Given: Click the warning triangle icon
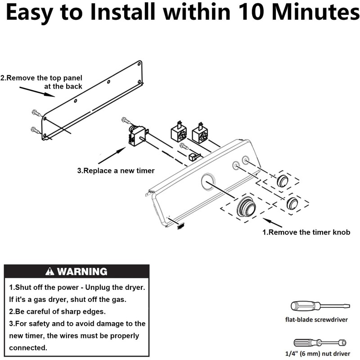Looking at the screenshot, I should click(x=49, y=271).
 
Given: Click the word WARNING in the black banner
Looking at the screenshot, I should click(x=82, y=271).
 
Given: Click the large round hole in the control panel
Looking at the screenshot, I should click(x=208, y=182).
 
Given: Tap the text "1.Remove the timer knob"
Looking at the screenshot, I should click(x=306, y=232).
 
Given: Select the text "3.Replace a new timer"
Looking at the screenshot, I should click(x=116, y=171).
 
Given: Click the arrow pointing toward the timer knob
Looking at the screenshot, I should click(x=272, y=222).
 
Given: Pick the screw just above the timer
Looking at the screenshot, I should click(x=126, y=120).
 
